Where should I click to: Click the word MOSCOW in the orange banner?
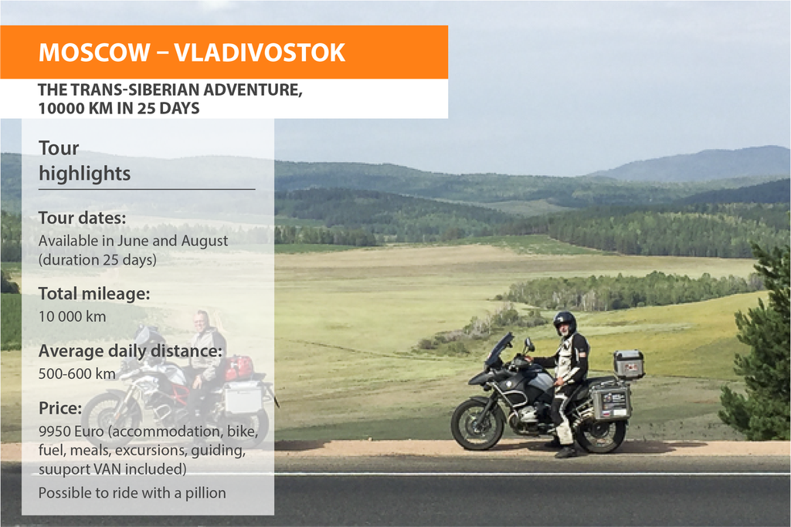pos(94,52)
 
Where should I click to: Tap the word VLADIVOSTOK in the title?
pos(260,52)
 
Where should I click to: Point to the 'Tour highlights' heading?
pos(85,160)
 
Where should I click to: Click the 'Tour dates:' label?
pos(82,218)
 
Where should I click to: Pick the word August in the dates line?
pos(204,242)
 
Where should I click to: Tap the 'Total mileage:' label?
pos(94,293)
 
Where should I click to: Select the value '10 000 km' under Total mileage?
pos(72,316)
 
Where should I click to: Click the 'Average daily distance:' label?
pos(130,350)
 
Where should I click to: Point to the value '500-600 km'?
pos(76,373)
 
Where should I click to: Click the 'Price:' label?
pos(60,407)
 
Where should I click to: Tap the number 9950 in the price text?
pos(55,431)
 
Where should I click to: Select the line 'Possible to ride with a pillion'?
pos(132,493)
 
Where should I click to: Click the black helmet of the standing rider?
pos(565,323)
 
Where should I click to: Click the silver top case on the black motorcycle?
pos(629,363)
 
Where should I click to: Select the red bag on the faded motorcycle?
pos(239,367)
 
